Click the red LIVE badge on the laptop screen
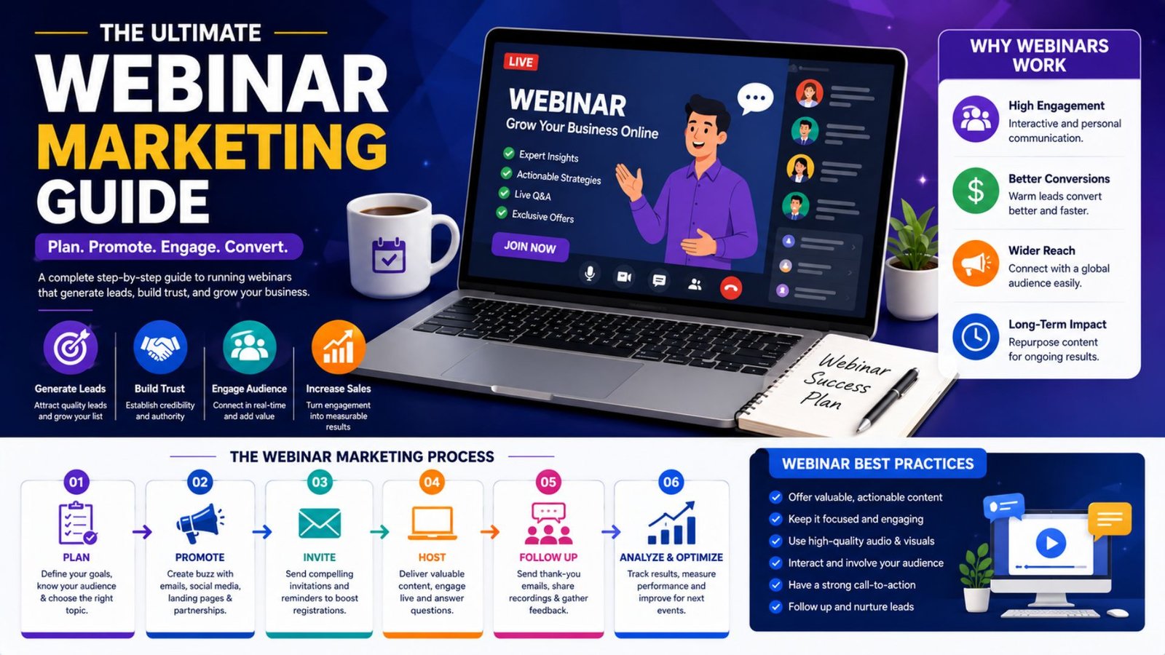tap(521, 62)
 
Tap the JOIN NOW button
tap(530, 247)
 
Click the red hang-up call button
tap(731, 287)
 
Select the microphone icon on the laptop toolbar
tap(589, 274)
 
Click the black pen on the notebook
tap(888, 400)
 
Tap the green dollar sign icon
tap(976, 191)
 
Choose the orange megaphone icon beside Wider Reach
tap(976, 263)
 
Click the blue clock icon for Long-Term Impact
tap(976, 337)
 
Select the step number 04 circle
tap(432, 482)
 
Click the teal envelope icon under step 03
tap(320, 523)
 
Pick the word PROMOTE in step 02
tap(200, 557)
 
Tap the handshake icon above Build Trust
tap(159, 347)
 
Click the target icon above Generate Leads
tap(70, 347)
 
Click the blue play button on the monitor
tap(1051, 543)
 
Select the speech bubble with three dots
tap(754, 98)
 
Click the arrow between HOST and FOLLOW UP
tap(489, 532)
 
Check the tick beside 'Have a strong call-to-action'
tap(775, 585)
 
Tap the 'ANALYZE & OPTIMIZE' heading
tap(671, 557)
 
